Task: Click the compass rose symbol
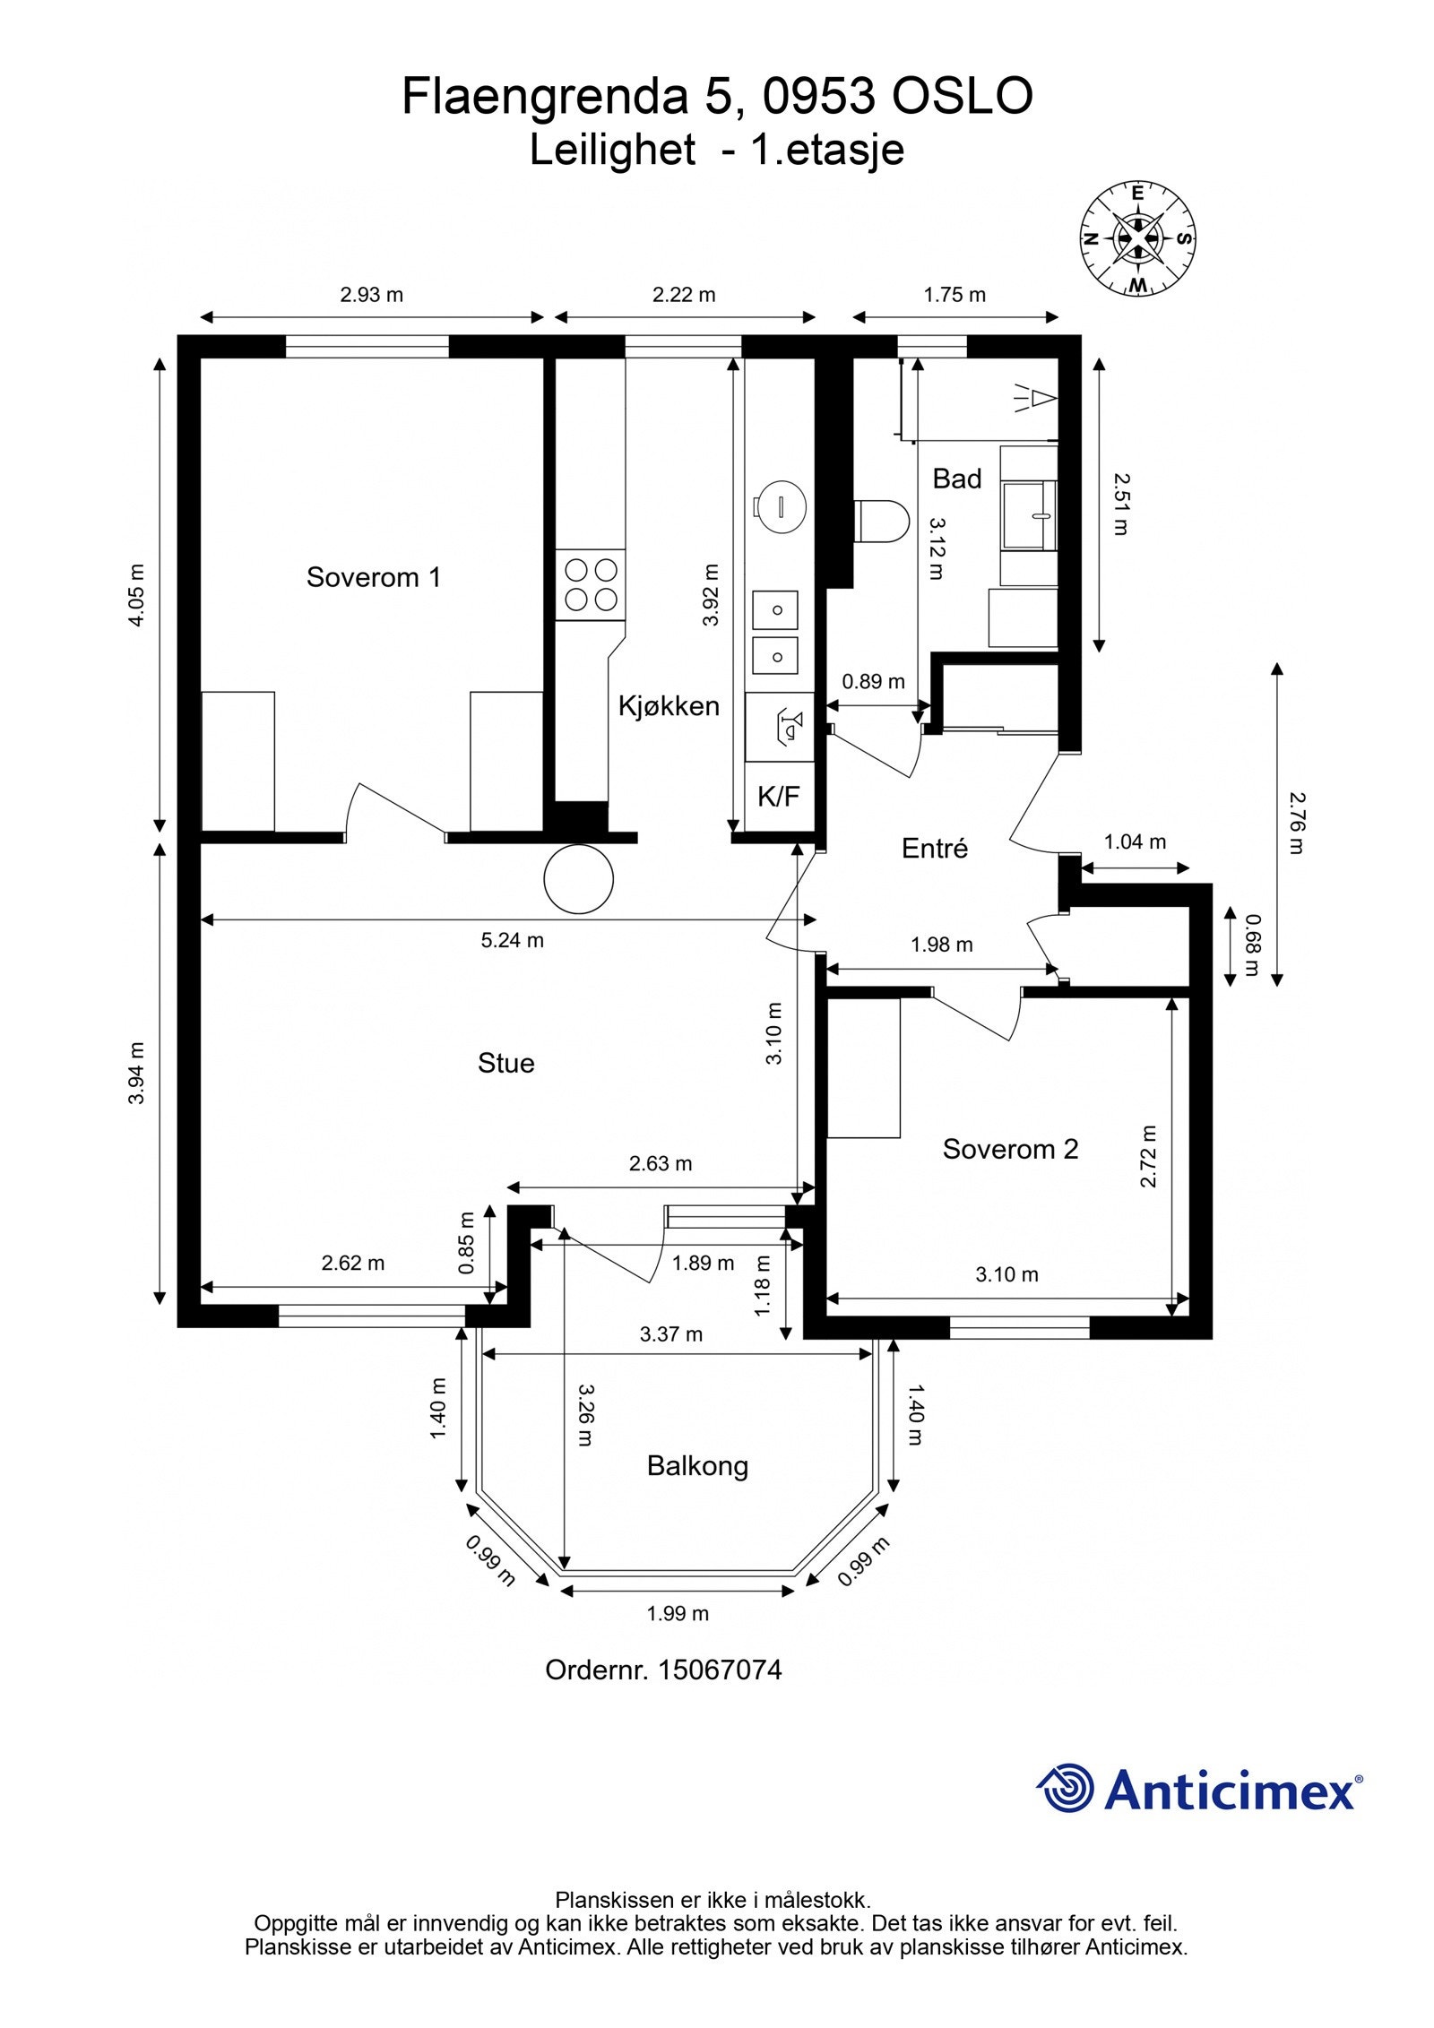1137,238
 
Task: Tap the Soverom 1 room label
374,577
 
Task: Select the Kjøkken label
669,706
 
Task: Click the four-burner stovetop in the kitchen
591,584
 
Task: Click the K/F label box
779,797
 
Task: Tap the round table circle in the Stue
579,879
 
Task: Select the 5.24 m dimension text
513,940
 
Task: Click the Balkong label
697,1467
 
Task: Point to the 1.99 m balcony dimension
678,1614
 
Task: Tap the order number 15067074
720,1670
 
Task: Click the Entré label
935,848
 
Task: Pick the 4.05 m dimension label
136,595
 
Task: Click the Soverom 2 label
1010,1149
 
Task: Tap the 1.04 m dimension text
1135,841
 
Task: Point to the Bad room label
957,479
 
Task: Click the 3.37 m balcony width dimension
671,1334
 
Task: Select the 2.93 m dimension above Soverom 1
372,294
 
